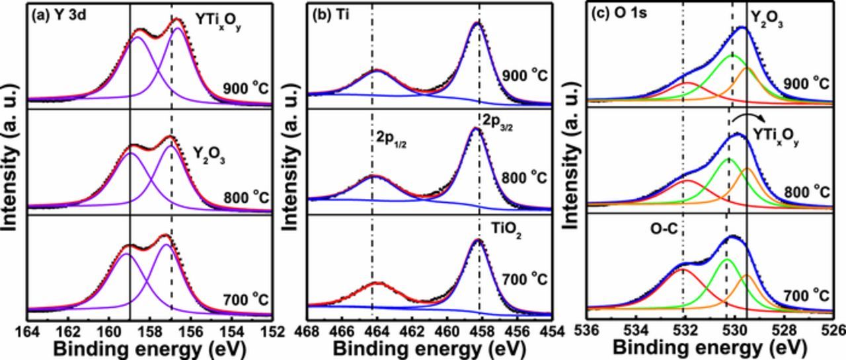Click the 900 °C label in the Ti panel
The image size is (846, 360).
(x=523, y=75)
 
